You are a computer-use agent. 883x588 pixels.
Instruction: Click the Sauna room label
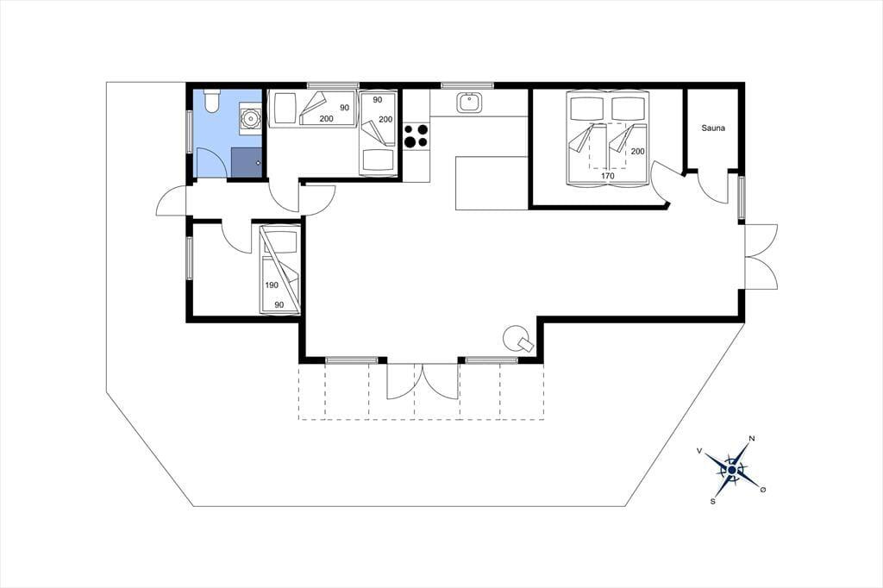[x=713, y=128]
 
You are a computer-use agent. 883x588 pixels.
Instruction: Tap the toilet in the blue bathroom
[x=212, y=100]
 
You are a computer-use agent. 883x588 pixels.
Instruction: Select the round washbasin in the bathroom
[x=249, y=118]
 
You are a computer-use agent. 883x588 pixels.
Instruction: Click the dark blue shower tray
[x=247, y=163]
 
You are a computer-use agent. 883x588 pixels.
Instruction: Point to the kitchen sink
[x=468, y=103]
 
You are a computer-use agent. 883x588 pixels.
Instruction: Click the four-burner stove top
[x=416, y=135]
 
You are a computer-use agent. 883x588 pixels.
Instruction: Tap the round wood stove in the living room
[x=517, y=339]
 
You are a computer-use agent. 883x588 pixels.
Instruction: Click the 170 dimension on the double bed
[x=607, y=176]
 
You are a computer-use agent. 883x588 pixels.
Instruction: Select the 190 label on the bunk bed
[x=272, y=285]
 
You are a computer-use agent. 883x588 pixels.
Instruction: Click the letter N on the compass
[x=751, y=438]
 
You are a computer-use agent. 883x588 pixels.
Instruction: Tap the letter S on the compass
[x=713, y=501]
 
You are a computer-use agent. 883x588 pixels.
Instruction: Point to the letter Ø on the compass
[x=763, y=490]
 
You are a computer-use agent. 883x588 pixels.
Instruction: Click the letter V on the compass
[x=699, y=451]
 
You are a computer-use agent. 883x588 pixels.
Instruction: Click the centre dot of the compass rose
[x=731, y=470]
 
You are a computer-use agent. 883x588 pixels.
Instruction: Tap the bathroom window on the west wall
[x=189, y=132]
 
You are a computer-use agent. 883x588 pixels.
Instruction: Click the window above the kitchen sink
[x=467, y=85]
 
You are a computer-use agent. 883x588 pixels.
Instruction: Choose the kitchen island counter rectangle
[x=492, y=183]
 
